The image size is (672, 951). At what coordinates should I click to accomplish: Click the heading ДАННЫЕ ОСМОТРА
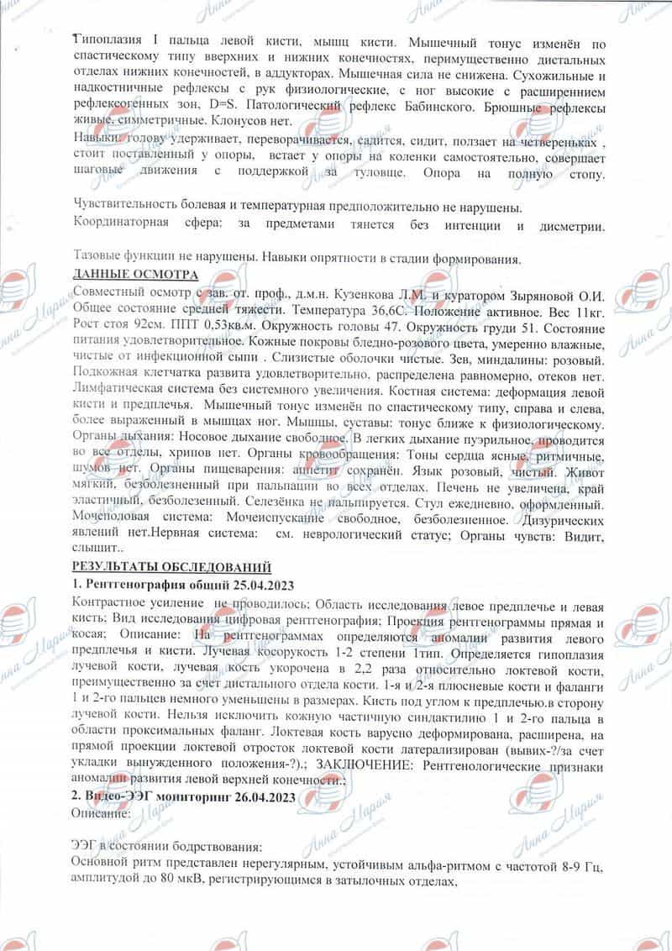pyautogui.click(x=136, y=276)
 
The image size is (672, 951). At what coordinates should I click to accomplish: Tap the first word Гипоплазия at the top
pyautogui.click(x=106, y=41)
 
